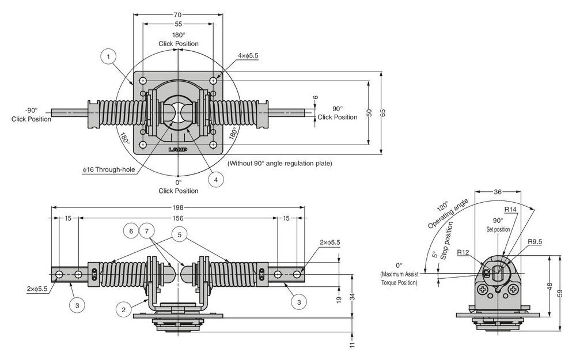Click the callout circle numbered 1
[109, 56]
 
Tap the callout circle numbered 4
[215, 180]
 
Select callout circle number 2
[123, 309]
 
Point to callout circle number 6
[131, 230]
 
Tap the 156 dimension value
[177, 218]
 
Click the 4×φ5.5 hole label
[248, 56]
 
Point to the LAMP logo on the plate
[178, 149]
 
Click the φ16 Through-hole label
[109, 169]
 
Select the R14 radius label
[510, 210]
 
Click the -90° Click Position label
[31, 114]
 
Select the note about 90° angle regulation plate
[279, 164]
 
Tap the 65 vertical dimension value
[382, 113]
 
